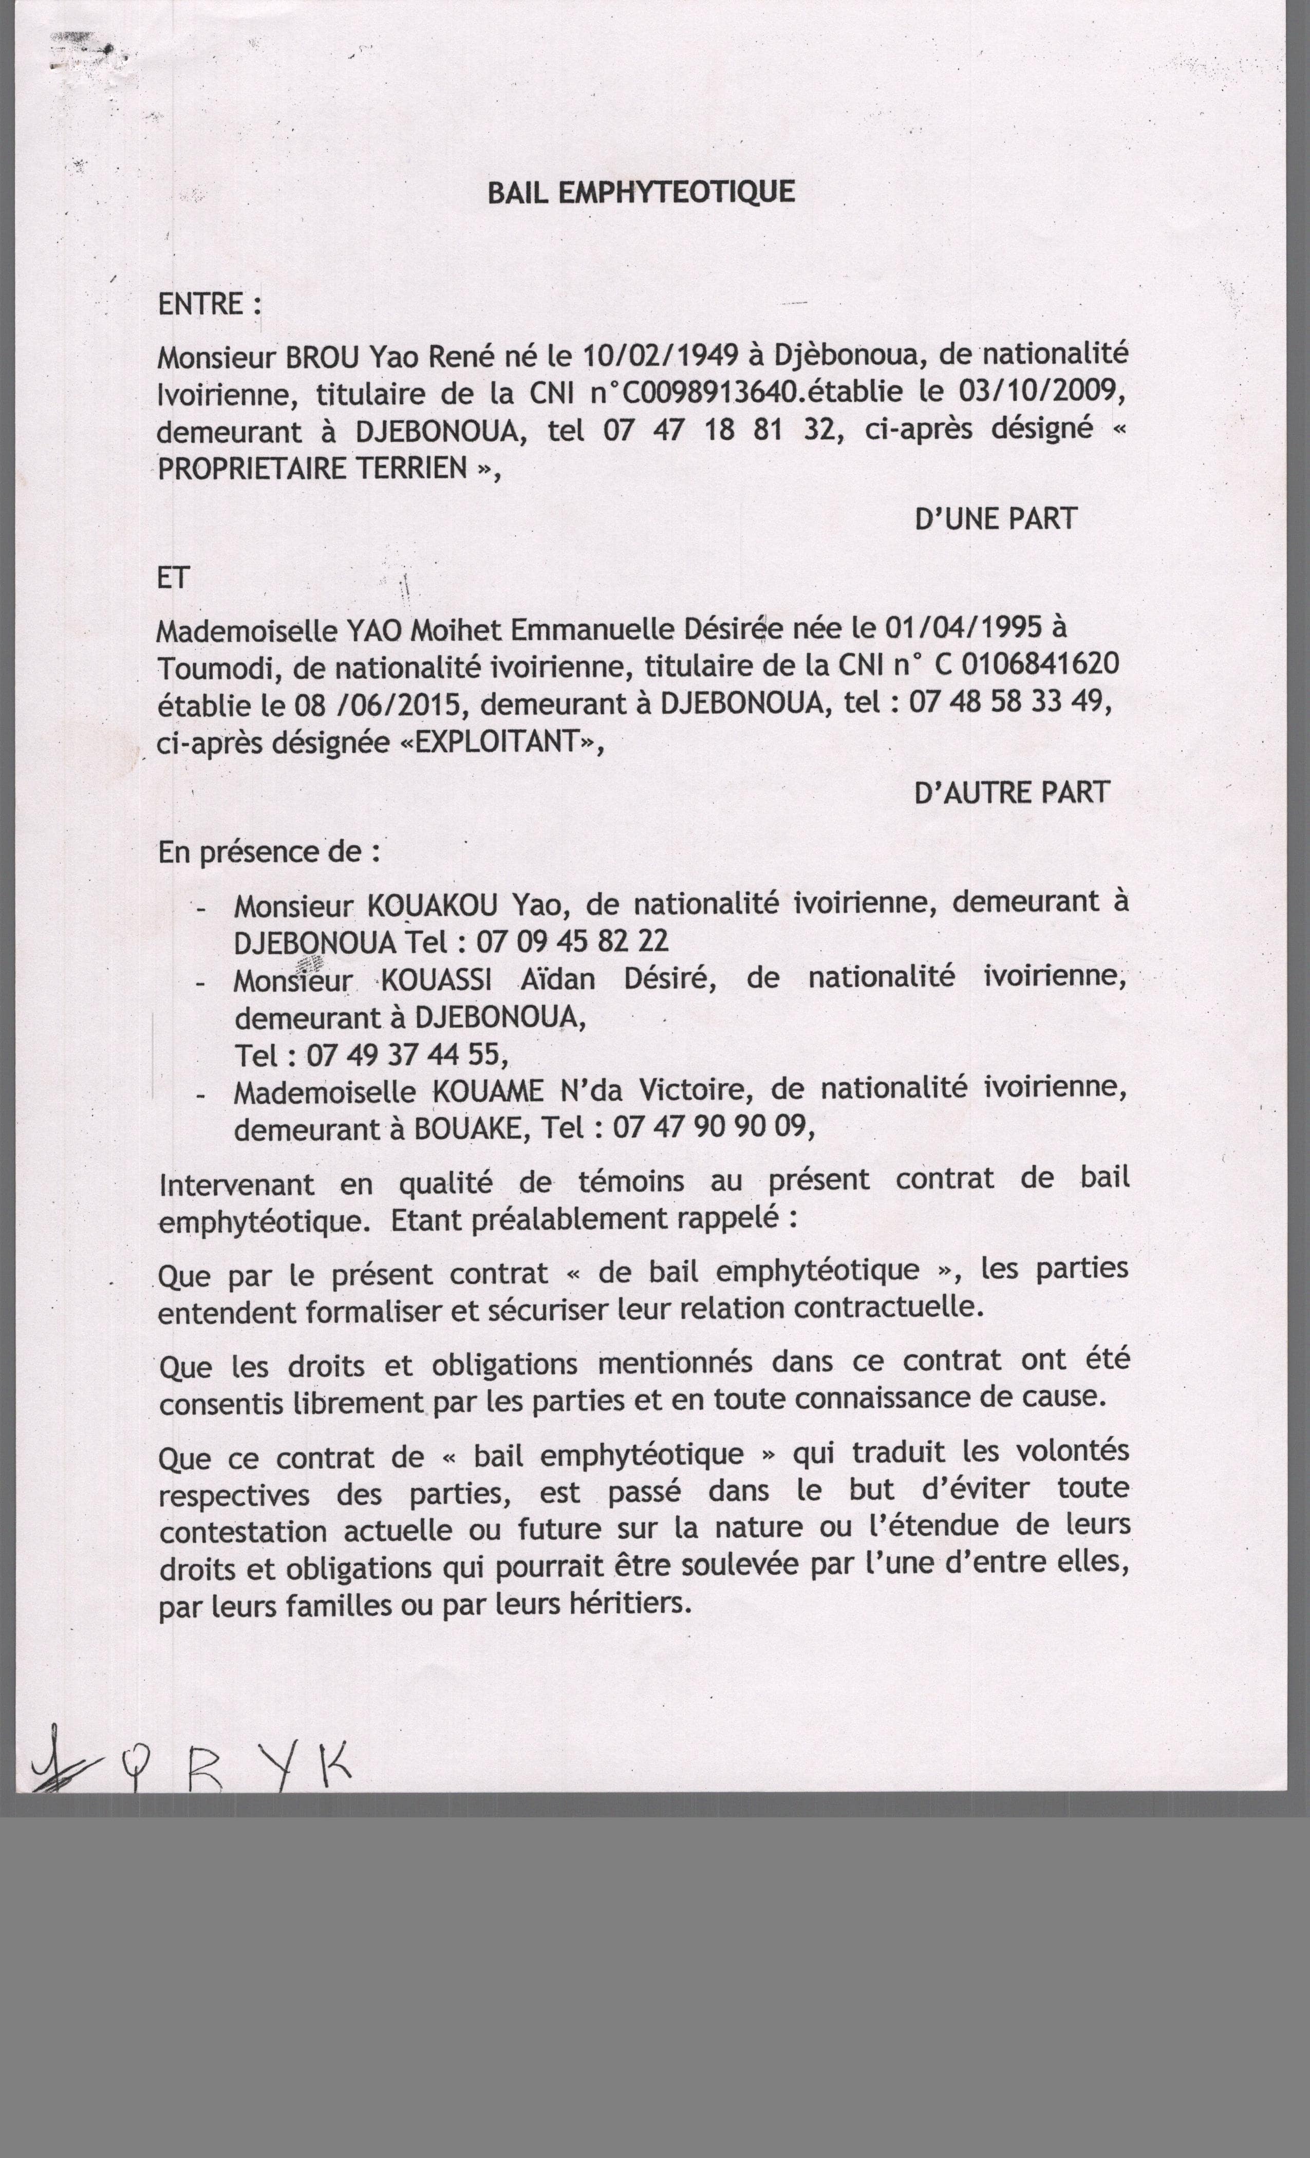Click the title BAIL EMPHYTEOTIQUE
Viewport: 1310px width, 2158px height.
641,192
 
